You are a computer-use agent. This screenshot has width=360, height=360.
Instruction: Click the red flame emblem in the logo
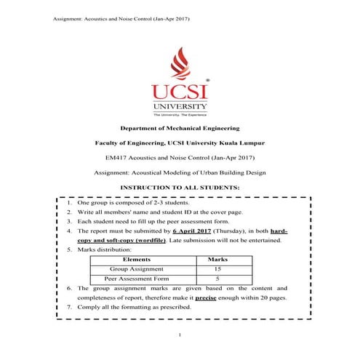(180, 64)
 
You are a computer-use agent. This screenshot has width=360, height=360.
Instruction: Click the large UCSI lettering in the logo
(179, 92)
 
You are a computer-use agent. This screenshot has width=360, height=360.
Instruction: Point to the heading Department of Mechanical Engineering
(180, 128)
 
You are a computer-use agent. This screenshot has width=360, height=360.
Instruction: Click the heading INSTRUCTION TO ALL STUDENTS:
(179, 187)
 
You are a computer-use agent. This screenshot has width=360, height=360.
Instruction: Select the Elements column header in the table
(137, 259)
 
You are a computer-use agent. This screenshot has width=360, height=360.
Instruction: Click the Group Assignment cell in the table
(137, 268)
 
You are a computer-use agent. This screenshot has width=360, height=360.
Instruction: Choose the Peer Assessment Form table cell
(137, 279)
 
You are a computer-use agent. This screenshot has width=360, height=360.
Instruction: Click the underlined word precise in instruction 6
(206, 297)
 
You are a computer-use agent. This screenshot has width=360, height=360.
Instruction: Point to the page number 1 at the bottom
(180, 334)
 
